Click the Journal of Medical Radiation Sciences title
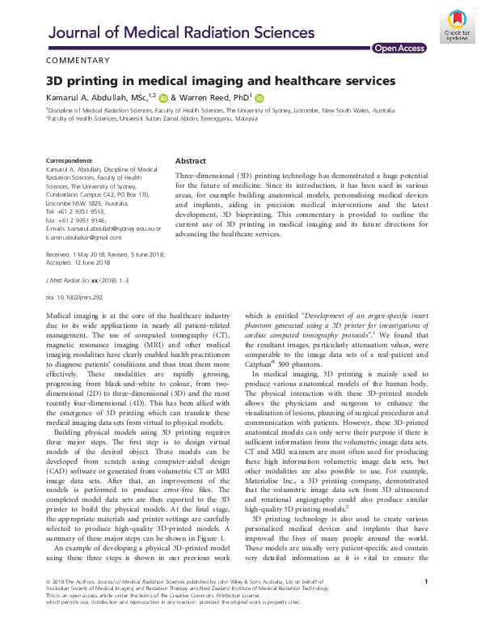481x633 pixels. [182, 32]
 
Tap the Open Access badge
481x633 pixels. [399, 49]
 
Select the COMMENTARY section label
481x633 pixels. [78, 61]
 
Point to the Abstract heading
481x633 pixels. [191, 160]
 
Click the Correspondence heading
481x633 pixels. [69, 161]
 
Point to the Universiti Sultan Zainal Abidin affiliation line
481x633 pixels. [154, 117]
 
